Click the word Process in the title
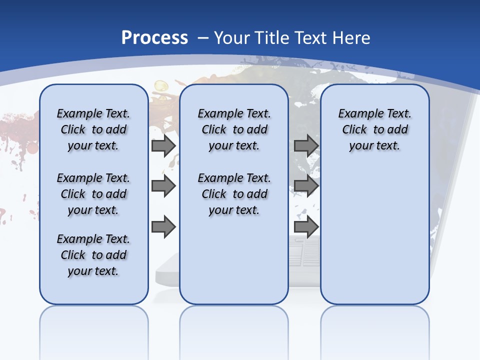pyautogui.click(x=154, y=38)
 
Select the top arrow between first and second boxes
pyautogui.click(x=163, y=146)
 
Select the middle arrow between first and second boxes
pyautogui.click(x=163, y=186)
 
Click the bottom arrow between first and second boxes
pyautogui.click(x=163, y=227)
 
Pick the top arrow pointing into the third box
pyautogui.click(x=306, y=146)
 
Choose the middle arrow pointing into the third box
pyautogui.click(x=306, y=186)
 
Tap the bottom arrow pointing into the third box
pyautogui.click(x=306, y=227)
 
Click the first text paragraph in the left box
pyautogui.click(x=93, y=129)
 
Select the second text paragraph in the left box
pyautogui.click(x=93, y=194)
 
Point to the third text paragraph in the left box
pyautogui.click(x=93, y=255)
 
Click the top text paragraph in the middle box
pyautogui.click(x=234, y=129)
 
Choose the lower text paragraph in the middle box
pyautogui.click(x=234, y=194)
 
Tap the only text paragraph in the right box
pyautogui.click(x=374, y=129)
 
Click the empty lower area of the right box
pyautogui.click(x=374, y=240)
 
